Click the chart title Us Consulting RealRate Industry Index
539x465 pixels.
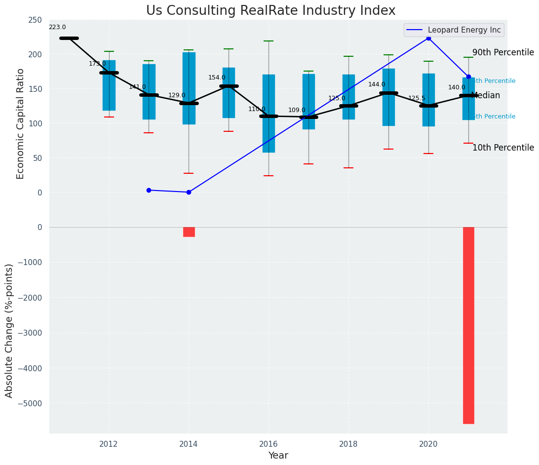(270, 11)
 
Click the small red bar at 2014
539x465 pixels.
(189, 232)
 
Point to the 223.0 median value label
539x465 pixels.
(57, 28)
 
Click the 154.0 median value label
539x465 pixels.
(217, 78)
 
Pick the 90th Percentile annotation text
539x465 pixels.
(503, 53)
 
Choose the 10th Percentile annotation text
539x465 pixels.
(503, 148)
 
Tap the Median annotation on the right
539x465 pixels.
(486, 96)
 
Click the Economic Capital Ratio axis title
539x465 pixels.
(21, 123)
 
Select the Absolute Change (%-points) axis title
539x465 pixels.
(9, 330)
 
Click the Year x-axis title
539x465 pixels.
(278, 456)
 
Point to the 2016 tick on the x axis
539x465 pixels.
(269, 444)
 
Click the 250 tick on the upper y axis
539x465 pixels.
(35, 20)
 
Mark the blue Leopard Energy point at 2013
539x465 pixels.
(149, 190)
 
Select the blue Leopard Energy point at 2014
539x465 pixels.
(189, 192)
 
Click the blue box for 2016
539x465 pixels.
(269, 114)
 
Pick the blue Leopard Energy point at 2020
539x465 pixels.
(428, 38)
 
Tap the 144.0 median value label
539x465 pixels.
(377, 85)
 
